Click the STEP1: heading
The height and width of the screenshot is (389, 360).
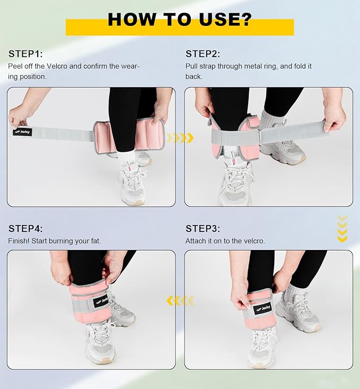25,54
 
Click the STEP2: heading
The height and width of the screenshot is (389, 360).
203,54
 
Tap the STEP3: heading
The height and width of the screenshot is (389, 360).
203,229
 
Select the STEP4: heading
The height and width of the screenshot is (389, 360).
25,229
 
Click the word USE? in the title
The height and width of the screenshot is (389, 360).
225,19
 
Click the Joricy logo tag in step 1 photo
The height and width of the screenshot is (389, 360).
22,132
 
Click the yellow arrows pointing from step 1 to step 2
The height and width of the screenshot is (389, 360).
180,137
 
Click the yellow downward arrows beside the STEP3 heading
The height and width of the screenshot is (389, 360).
342,228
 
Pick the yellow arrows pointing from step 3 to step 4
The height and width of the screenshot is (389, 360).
180,301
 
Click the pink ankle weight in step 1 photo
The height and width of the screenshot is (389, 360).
128,136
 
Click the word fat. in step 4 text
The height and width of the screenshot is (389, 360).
95,241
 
